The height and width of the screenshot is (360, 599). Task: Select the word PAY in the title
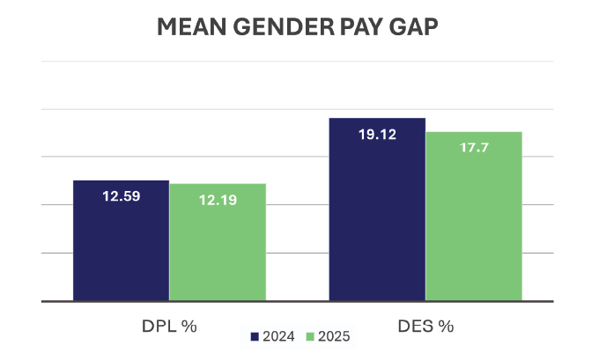coord(354,27)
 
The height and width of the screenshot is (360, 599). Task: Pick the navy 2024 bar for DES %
coord(377,220)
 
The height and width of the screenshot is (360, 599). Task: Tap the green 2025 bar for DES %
coord(474,229)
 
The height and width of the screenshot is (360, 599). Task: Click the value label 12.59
coord(121,196)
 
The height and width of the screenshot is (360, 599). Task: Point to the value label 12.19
coord(218,200)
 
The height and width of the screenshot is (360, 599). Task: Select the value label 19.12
coord(377,135)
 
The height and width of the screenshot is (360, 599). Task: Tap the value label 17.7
coord(474,148)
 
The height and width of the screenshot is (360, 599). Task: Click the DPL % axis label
coord(169,326)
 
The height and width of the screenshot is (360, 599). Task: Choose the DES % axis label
coord(426,326)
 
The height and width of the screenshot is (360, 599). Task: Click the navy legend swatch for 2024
coord(255,337)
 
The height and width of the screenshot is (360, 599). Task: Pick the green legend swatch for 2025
coord(310,337)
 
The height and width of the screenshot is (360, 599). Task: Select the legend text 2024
coord(278,337)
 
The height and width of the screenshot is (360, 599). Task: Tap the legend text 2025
coord(334,337)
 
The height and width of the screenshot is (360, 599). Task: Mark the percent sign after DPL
coord(189,326)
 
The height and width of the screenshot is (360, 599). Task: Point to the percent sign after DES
coord(447,326)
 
